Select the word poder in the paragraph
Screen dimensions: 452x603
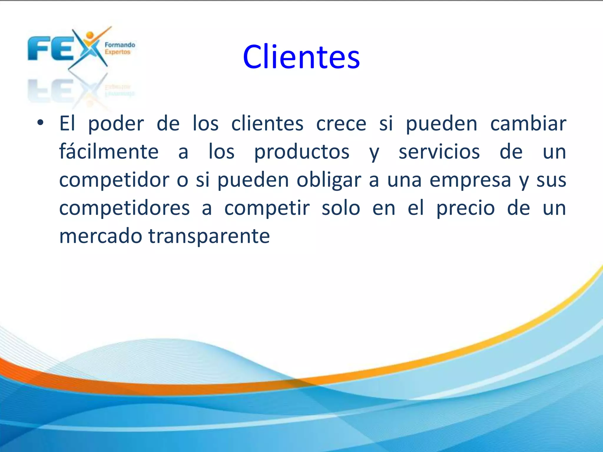(116, 124)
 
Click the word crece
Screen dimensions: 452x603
(341, 124)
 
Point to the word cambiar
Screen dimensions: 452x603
(528, 124)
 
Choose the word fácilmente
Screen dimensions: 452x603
(109, 152)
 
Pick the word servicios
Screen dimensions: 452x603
(439, 152)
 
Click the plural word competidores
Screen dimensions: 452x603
(125, 208)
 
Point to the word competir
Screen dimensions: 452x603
(267, 208)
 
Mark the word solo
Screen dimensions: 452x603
(341, 208)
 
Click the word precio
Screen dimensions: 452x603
(465, 208)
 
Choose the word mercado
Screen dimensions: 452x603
(101, 236)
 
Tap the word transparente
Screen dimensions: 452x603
(209, 237)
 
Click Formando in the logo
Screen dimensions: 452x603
(120, 45)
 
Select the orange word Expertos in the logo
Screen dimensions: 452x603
(117, 52)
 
